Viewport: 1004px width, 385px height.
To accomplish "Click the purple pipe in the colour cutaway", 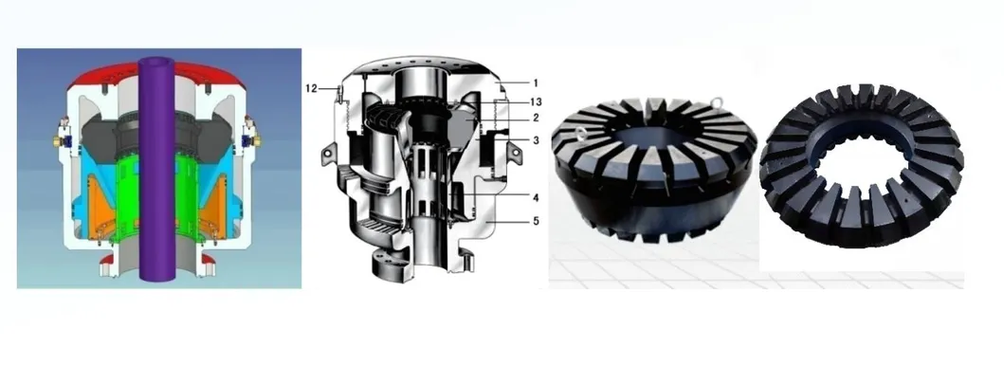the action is pyautogui.click(x=156, y=170).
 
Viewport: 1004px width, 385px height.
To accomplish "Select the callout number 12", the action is pyautogui.click(x=311, y=88).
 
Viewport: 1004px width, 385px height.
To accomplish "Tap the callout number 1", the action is pyautogui.click(x=536, y=82).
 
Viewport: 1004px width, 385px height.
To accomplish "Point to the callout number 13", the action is pyautogui.click(x=536, y=101).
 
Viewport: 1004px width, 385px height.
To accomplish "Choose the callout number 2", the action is pyautogui.click(x=536, y=118).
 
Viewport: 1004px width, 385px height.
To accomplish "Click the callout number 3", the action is pyautogui.click(x=536, y=139).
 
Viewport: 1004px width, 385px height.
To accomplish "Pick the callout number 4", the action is pyautogui.click(x=536, y=197).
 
